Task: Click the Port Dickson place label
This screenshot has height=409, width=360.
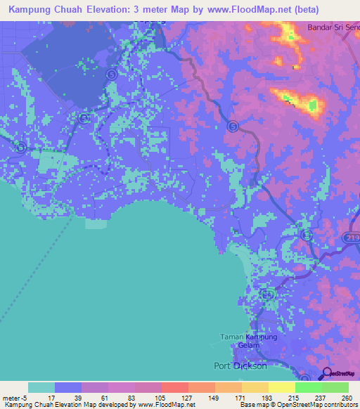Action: (240, 366)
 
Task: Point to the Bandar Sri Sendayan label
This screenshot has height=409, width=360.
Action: (333, 28)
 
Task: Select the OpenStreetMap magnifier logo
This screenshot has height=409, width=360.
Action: (328, 373)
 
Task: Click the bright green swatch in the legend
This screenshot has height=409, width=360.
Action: (308, 387)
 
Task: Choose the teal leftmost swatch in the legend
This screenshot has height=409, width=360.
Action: (41, 387)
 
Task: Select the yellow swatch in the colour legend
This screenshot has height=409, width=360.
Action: (281, 387)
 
